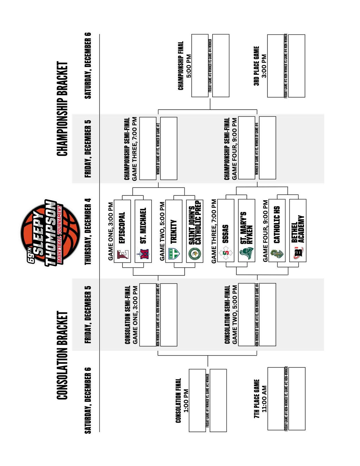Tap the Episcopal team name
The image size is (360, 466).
tap(122, 228)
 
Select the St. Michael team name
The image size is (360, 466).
tap(143, 226)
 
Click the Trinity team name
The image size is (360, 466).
tap(173, 232)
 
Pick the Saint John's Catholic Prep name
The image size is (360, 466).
tap(195, 222)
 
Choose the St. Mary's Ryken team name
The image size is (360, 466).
tap(246, 228)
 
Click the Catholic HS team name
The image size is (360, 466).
tap(277, 225)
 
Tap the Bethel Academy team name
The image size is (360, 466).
tap(298, 229)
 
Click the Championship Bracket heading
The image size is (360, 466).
tap(62, 109)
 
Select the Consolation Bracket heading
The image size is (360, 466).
tap(62, 355)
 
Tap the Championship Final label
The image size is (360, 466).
tap(181, 66)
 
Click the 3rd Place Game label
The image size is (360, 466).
tap(256, 66)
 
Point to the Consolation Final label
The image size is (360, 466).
tap(178, 400)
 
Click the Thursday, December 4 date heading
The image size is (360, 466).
tap(88, 231)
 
